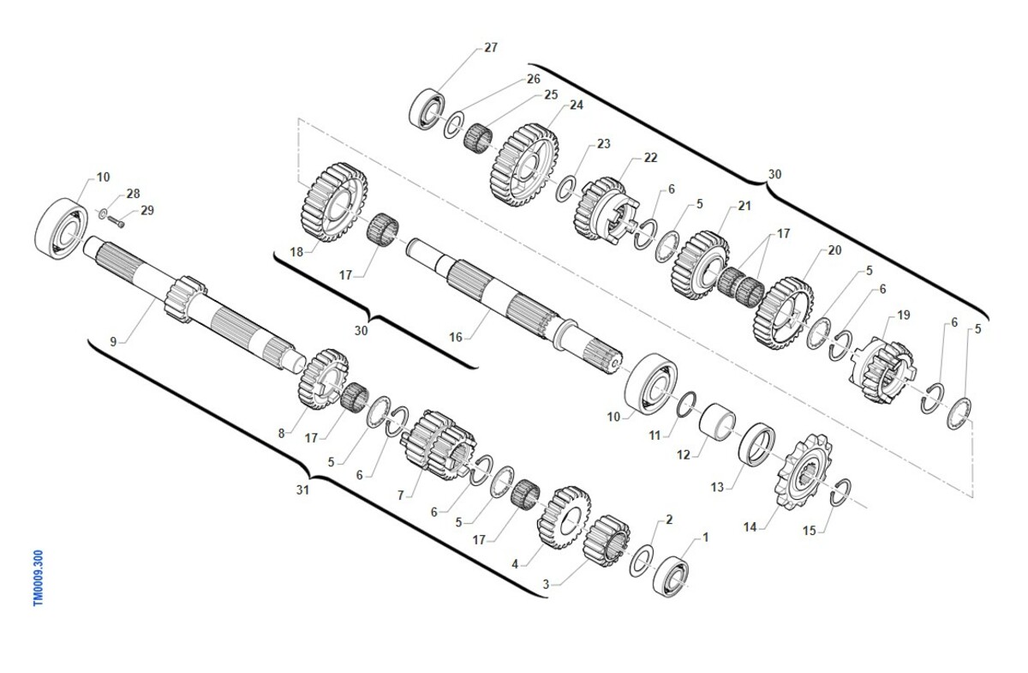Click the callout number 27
coord(491,47)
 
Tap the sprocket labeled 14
coord(804,472)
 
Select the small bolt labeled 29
coord(117,222)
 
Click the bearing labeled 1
coord(671,576)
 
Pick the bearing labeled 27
coord(427,110)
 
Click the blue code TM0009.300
coord(38,579)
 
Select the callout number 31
coord(302,490)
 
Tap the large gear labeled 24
coord(524,165)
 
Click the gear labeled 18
coord(335,202)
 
